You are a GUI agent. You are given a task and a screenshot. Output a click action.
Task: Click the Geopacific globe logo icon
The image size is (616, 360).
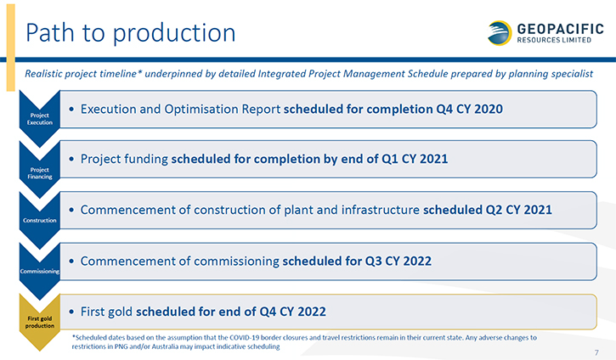point(500,33)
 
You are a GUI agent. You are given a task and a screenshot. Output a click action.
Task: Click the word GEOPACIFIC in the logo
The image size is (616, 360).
point(560,29)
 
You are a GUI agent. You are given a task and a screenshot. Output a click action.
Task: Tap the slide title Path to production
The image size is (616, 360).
point(131,32)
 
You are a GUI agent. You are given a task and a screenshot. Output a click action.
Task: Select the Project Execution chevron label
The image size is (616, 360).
point(40,119)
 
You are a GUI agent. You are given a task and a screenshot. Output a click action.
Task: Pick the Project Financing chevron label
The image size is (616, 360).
point(40,173)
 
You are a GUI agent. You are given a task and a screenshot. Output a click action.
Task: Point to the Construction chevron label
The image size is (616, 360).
point(40,220)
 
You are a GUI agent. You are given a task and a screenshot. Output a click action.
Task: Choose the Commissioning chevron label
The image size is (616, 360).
point(40,272)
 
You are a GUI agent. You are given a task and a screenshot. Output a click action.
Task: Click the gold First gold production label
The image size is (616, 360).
point(40,322)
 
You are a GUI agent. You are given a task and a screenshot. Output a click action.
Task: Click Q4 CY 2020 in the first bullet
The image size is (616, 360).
point(469,109)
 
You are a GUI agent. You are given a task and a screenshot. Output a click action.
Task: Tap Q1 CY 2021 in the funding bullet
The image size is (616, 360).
point(415,159)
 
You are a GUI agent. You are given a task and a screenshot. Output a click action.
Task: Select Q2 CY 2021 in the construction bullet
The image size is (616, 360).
point(518,210)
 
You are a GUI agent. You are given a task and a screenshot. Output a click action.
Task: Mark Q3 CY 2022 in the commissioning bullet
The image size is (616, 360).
point(398,261)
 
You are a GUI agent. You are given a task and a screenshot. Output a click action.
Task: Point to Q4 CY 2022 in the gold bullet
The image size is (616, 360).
point(292,312)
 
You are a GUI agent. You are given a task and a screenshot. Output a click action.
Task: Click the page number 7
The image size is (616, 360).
point(596,352)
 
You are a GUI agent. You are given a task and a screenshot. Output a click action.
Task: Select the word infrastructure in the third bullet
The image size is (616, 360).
point(381,210)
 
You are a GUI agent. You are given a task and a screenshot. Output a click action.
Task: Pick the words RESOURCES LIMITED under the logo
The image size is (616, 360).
point(554,40)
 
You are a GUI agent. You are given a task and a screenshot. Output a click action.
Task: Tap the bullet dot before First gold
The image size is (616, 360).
point(71,312)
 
